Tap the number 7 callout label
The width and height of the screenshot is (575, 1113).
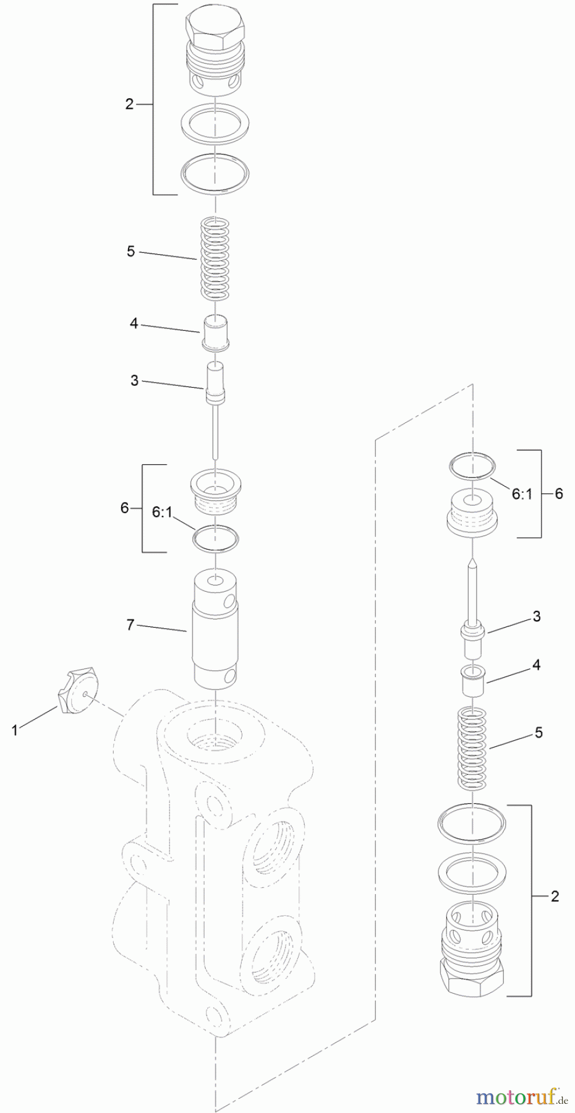(x=130, y=625)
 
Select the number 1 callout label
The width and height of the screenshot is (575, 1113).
(x=14, y=730)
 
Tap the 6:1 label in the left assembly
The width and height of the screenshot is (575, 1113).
(x=163, y=512)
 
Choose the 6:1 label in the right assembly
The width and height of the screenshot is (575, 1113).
(x=521, y=493)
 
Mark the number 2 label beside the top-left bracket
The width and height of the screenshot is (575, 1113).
(x=129, y=104)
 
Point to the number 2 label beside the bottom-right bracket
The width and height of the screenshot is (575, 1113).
(x=555, y=896)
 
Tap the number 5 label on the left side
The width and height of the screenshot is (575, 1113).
(x=130, y=252)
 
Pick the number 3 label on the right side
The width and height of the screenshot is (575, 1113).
(x=536, y=616)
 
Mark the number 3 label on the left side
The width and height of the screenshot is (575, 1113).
(x=134, y=380)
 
